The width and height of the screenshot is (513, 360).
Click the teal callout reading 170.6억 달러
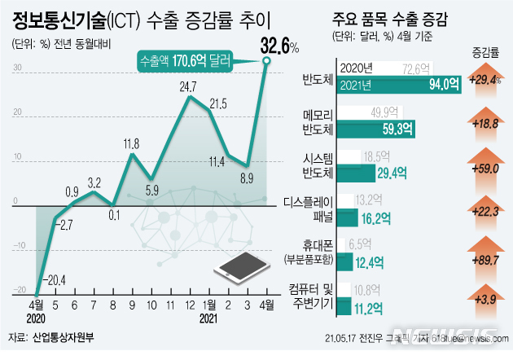[185, 60]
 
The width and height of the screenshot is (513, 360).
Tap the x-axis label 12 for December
[189, 305]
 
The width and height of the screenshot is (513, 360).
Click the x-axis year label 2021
[210, 318]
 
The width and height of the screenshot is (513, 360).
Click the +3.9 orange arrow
[485, 300]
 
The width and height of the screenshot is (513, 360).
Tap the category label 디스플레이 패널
[308, 209]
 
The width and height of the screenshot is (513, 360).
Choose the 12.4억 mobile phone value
[366, 260]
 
